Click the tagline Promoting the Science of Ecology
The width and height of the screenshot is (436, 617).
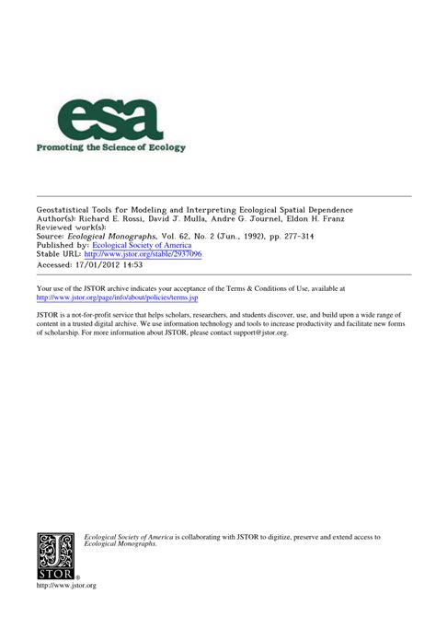pyautogui.click(x=110, y=147)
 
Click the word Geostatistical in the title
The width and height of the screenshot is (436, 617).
pyautogui.click(x=62, y=210)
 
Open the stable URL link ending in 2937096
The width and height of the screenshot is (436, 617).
pyautogui.click(x=143, y=254)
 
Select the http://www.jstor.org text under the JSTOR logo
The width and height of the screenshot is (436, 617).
pyautogui.click(x=65, y=585)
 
